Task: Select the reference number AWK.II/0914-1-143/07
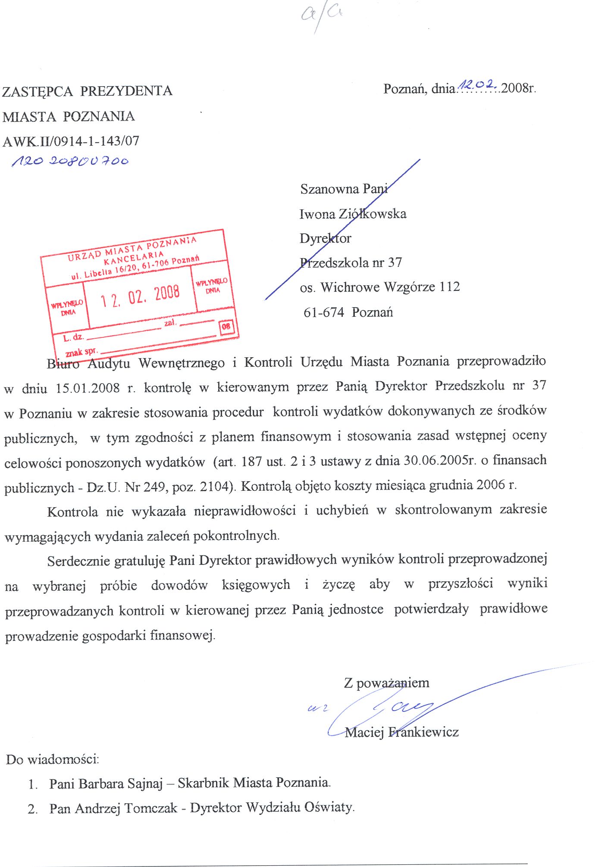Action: [71, 141]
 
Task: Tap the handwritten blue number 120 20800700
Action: [70, 162]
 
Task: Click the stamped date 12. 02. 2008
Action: [140, 296]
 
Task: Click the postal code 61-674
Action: [324, 312]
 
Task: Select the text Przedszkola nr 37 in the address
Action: [351, 262]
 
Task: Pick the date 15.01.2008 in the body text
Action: [88, 388]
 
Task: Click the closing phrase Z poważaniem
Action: [386, 683]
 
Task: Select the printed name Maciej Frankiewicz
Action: [401, 732]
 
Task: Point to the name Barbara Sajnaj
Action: [121, 783]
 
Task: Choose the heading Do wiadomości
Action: [53, 759]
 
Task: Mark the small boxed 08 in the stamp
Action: [226, 326]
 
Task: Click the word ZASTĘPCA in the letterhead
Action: [38, 91]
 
